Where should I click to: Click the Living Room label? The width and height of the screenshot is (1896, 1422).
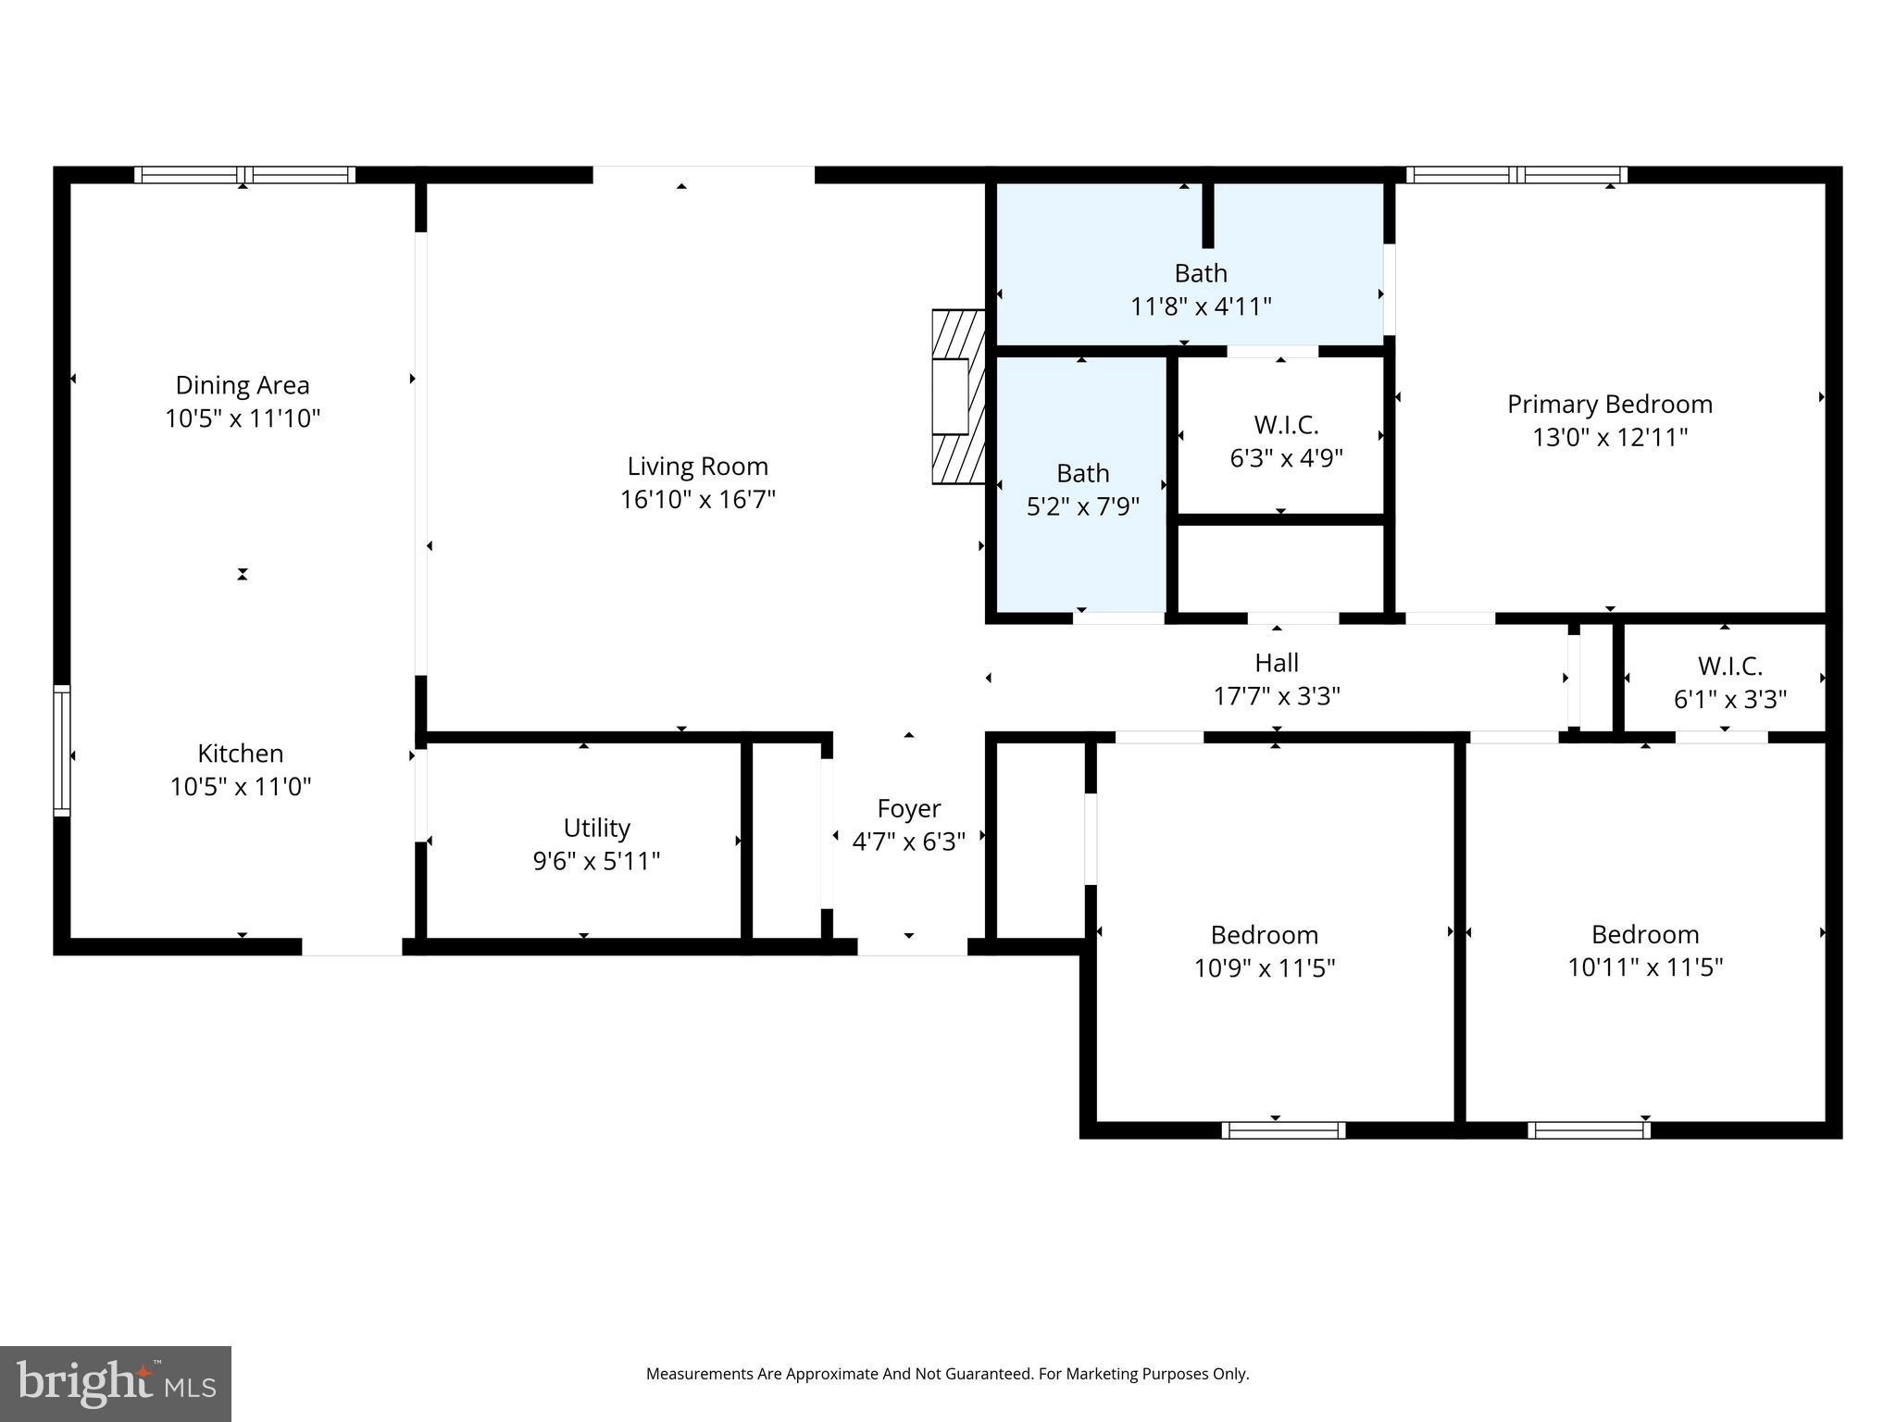pyautogui.click(x=697, y=466)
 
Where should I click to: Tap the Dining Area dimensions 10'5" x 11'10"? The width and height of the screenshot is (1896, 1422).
pyautogui.click(x=243, y=418)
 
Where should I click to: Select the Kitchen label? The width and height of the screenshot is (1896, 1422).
pyautogui.click(x=240, y=753)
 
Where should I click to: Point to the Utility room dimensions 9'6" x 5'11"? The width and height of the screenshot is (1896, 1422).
pyautogui.click(x=596, y=861)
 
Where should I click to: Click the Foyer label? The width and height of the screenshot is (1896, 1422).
pyautogui.click(x=908, y=808)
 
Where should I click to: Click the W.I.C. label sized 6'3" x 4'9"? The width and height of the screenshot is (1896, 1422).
pyautogui.click(x=1286, y=425)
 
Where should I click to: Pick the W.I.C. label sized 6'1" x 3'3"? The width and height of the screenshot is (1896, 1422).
pyautogui.click(x=1729, y=666)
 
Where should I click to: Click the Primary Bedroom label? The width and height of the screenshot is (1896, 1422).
pyautogui.click(x=1609, y=404)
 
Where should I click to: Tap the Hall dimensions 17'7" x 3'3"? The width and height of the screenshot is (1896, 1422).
pyautogui.click(x=1276, y=696)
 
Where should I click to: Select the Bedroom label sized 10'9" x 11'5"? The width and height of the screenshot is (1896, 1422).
pyautogui.click(x=1264, y=934)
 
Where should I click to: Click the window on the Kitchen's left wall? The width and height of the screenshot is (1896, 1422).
pyautogui.click(x=61, y=750)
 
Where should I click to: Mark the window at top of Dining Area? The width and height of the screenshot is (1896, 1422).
pyautogui.click(x=244, y=175)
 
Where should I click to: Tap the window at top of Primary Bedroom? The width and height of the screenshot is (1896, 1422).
pyautogui.click(x=1516, y=175)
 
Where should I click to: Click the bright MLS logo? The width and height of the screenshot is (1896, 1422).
pyautogui.click(x=116, y=1383)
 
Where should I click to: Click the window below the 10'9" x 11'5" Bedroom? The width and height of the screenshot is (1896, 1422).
pyautogui.click(x=1282, y=1129)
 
